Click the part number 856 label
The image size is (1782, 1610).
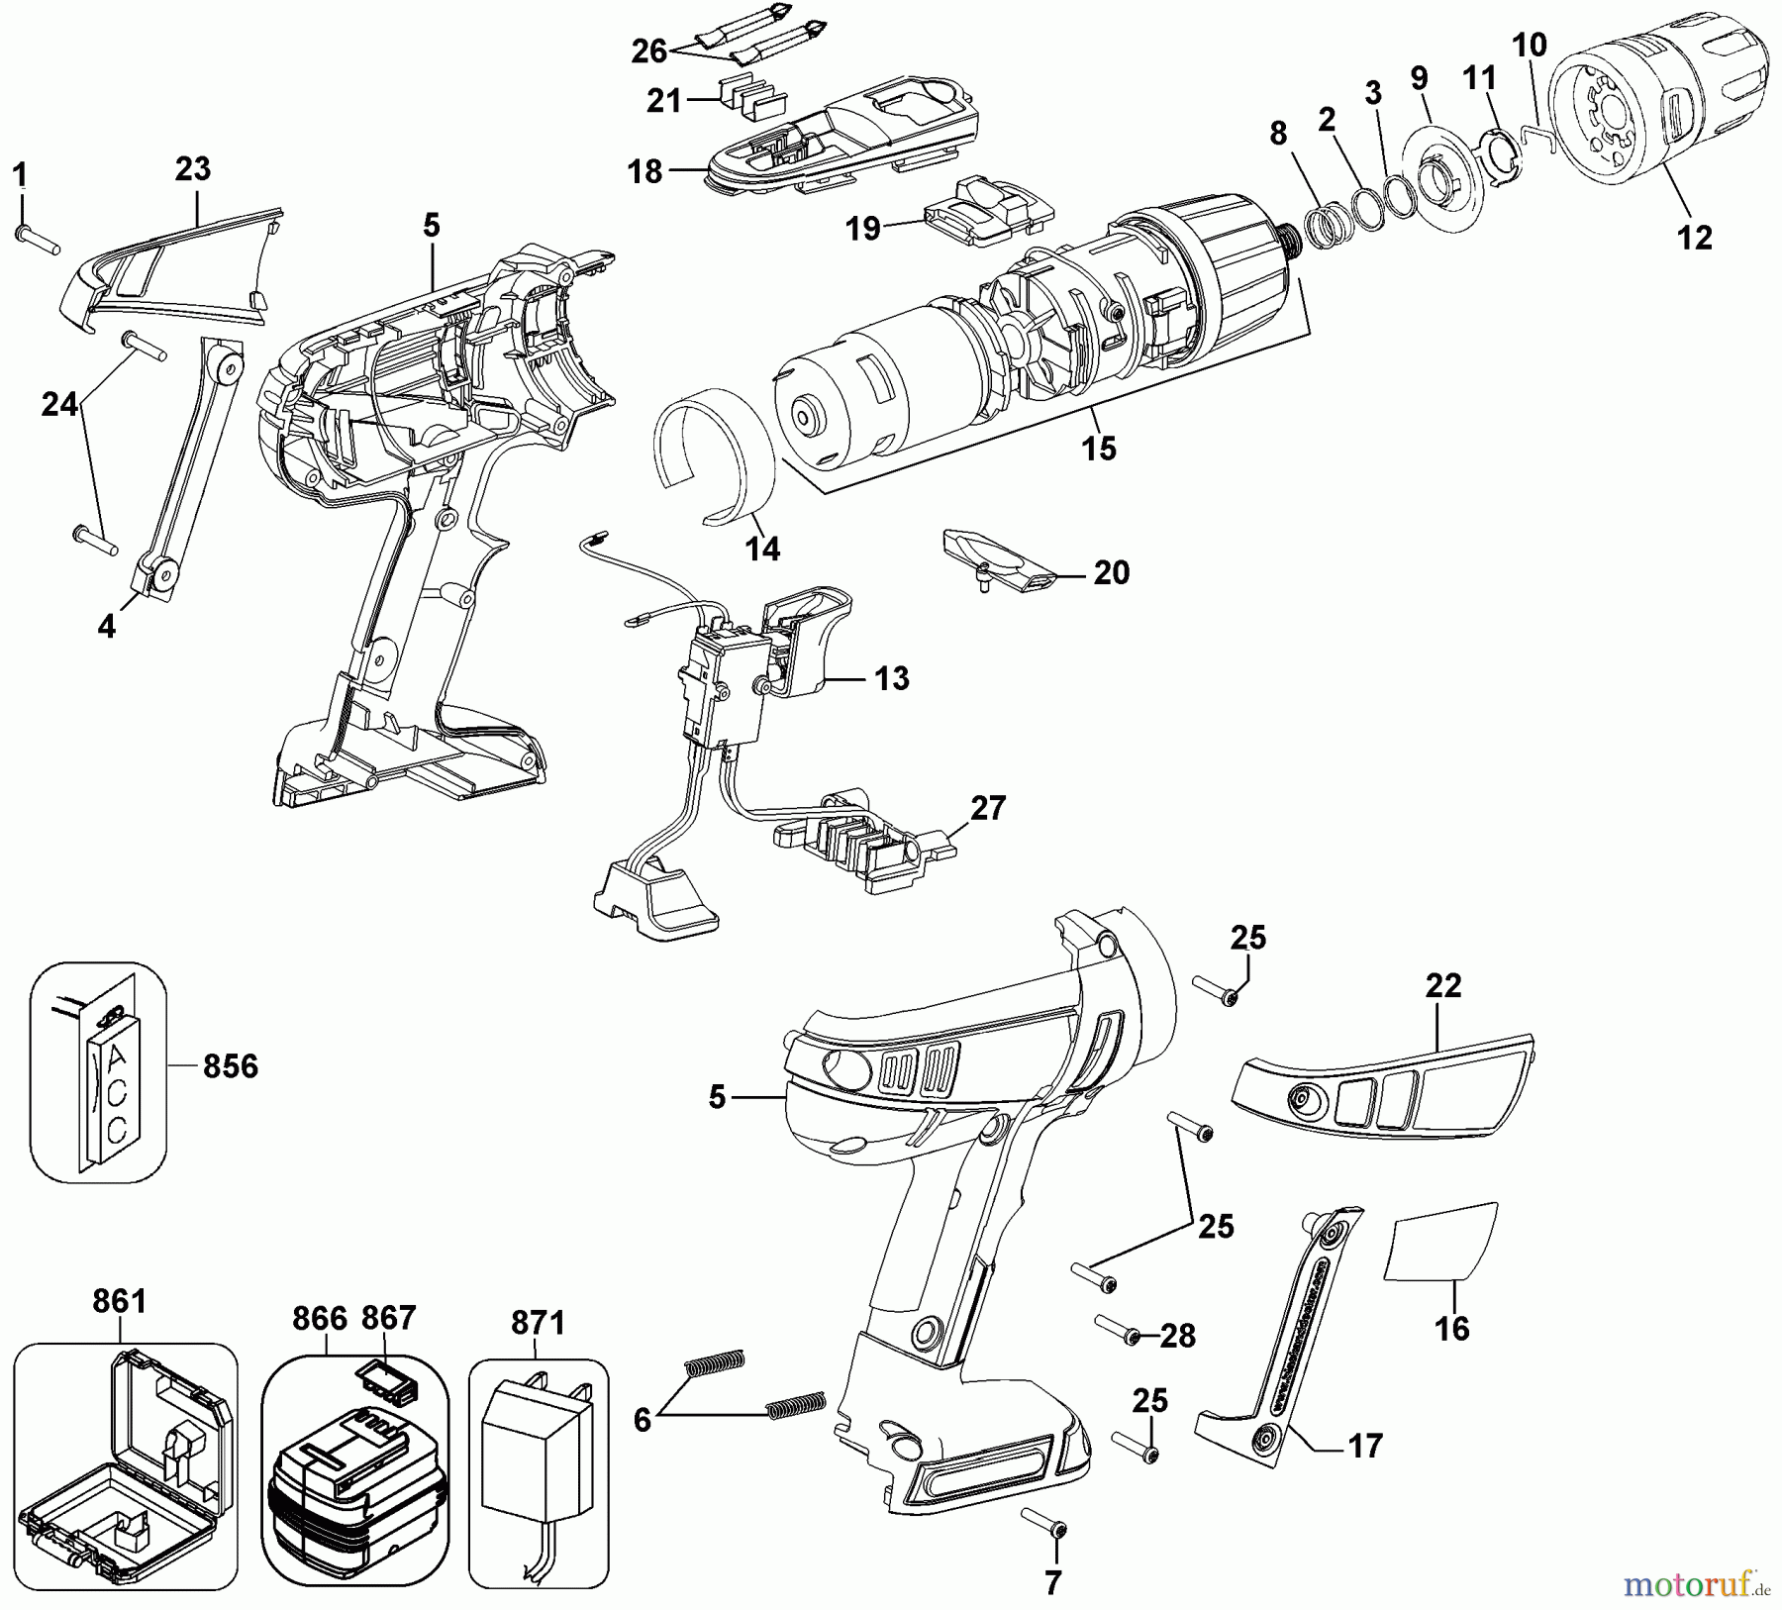pyautogui.click(x=230, y=1066)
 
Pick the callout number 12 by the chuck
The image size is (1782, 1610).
pyautogui.click(x=1694, y=238)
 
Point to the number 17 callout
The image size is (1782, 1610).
pyautogui.click(x=1365, y=1447)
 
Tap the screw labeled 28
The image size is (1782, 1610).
pyautogui.click(x=1119, y=1328)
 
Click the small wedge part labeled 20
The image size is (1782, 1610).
pyautogui.click(x=1000, y=559)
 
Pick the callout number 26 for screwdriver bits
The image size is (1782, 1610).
pyautogui.click(x=649, y=50)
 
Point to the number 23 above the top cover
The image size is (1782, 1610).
pyautogui.click(x=192, y=168)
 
